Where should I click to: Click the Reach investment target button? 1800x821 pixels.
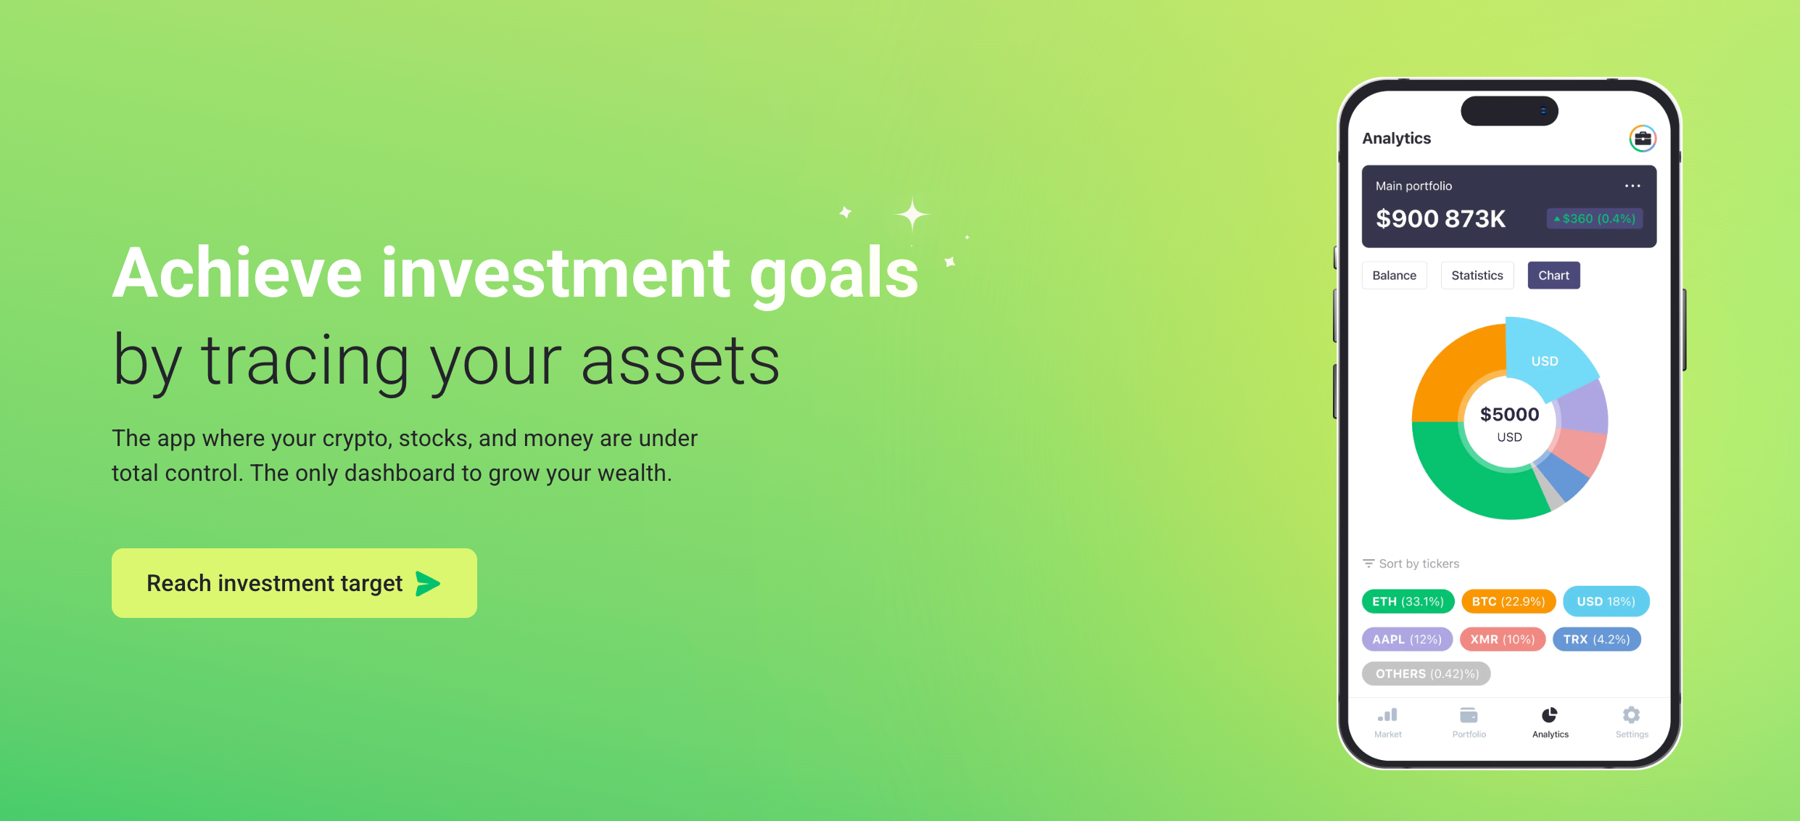coord(294,583)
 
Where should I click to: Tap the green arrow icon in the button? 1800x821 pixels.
coord(428,583)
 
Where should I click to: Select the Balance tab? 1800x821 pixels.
coord(1394,276)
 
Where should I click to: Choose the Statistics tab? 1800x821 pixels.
coord(1477,276)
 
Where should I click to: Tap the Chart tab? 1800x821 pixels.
coord(1553,276)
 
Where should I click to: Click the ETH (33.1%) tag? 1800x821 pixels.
coord(1408,601)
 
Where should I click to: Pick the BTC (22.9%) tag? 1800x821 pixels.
coord(1508,601)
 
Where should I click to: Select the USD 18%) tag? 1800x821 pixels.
coord(1606,601)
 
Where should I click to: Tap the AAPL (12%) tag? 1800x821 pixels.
coord(1407,639)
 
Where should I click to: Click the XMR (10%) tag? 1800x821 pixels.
coord(1503,639)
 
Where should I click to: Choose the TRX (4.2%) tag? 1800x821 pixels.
coord(1596,639)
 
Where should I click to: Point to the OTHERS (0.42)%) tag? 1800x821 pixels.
coord(1427,674)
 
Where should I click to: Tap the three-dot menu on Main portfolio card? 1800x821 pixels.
coord(1632,186)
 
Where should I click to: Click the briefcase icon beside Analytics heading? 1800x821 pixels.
coord(1643,139)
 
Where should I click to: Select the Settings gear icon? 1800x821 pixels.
coord(1632,715)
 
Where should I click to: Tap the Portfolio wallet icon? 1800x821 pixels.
coord(1469,715)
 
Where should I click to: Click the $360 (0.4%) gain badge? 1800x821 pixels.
coord(1595,218)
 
